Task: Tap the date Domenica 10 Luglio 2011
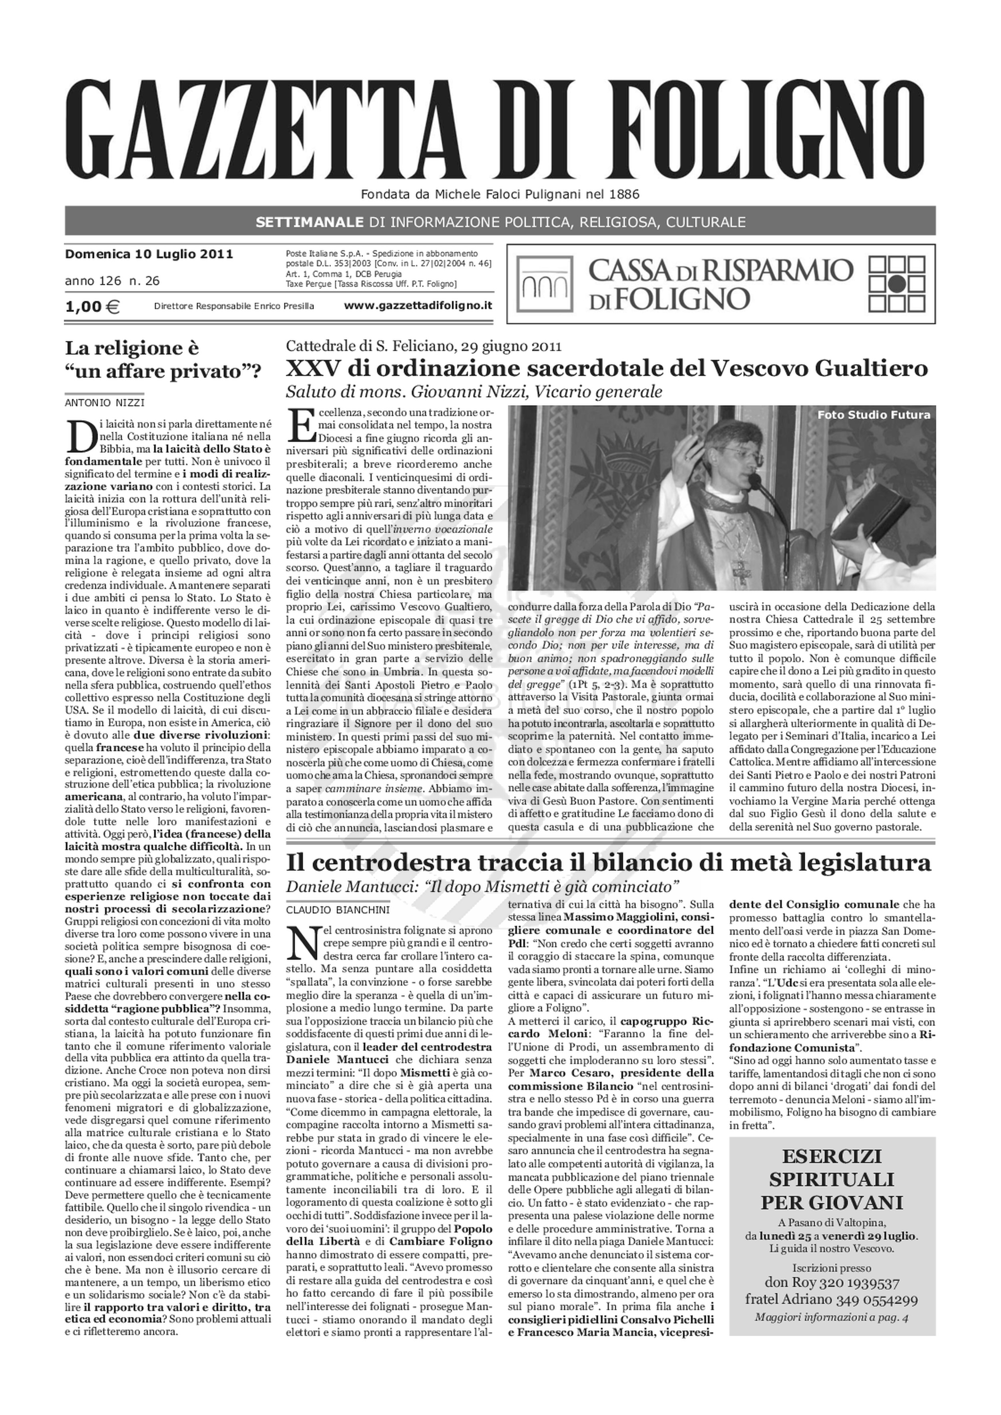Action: pos(149,254)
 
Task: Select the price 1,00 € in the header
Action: pos(92,306)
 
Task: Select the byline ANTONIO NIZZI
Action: pos(105,403)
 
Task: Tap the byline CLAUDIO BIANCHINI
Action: pos(338,909)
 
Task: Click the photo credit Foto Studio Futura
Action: pos(873,415)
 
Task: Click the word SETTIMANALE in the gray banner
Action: pos(310,222)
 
